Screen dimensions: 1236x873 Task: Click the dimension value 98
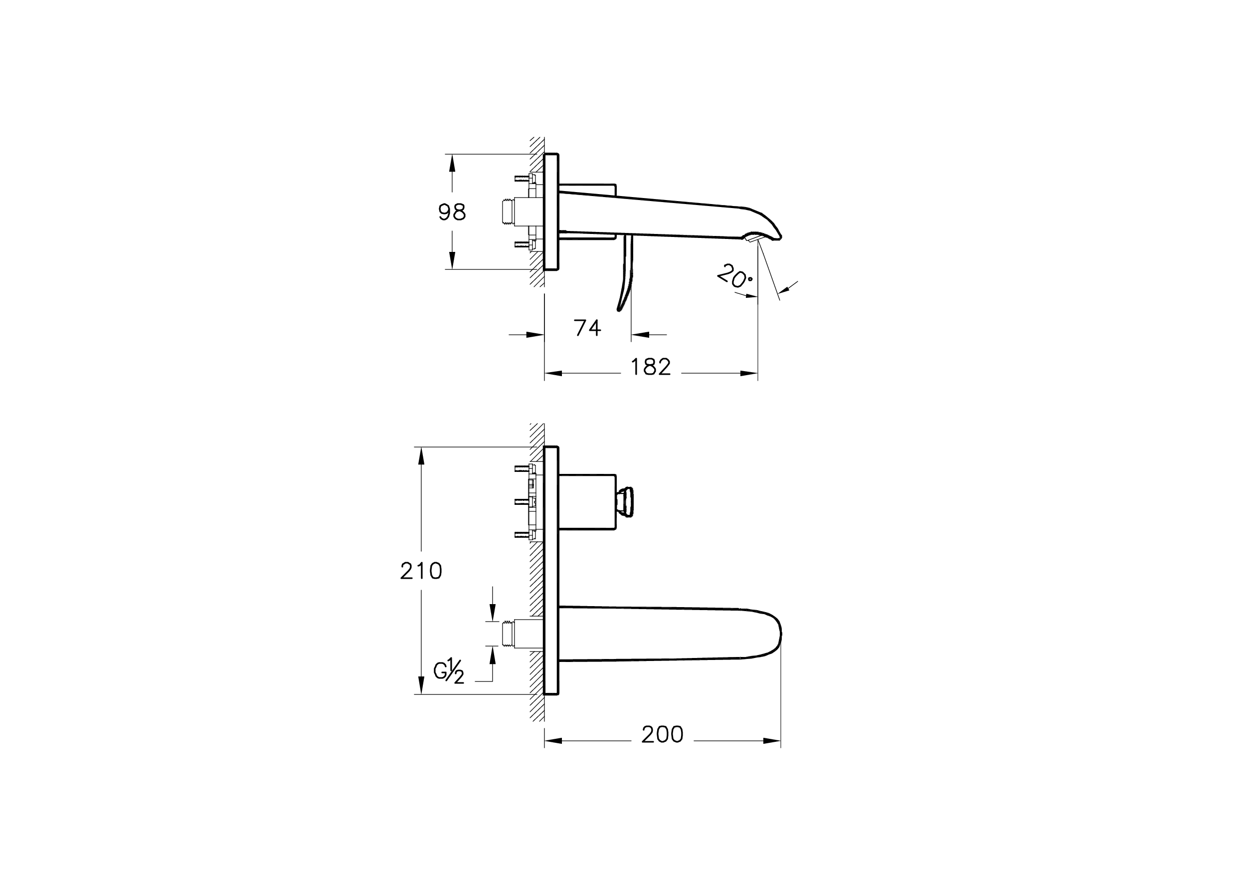[452, 212]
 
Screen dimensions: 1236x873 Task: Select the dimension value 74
[587, 327]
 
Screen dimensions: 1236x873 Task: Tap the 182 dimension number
[650, 367]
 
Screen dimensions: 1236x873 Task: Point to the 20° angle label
[735, 276]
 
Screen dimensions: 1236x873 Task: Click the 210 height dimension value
[421, 570]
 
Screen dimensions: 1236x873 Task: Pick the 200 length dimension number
[662, 734]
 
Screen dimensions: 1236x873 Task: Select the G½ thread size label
[449, 672]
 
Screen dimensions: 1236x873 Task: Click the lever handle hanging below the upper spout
[626, 272]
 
